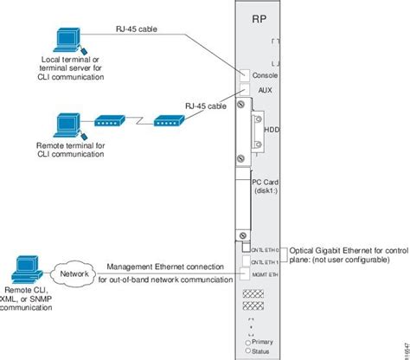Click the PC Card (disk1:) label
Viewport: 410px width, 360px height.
tap(266, 187)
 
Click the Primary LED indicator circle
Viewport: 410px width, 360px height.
tap(247, 342)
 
